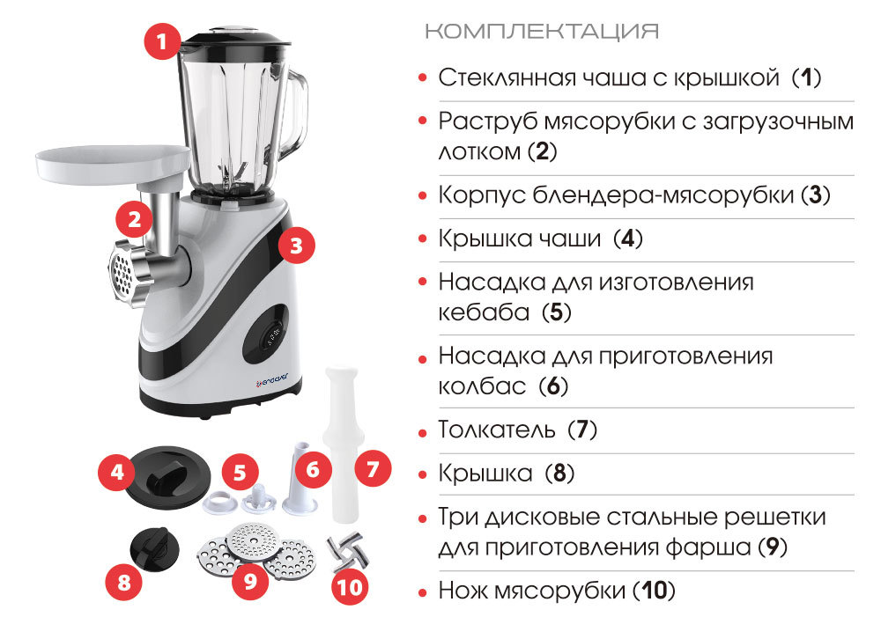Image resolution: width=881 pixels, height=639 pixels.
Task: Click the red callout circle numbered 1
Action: [x=162, y=41]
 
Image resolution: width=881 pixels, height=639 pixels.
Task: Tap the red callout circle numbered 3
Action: [x=296, y=246]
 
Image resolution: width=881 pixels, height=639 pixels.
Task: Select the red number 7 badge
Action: [x=373, y=467]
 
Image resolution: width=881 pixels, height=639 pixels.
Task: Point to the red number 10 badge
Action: [x=350, y=587]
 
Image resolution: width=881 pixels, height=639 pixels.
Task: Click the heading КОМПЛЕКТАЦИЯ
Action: [x=542, y=31]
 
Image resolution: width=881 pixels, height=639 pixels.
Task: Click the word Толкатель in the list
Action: [x=496, y=430]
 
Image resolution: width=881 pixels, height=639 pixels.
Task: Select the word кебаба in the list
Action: [x=484, y=312]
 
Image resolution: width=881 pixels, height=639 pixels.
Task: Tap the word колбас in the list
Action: [x=482, y=386]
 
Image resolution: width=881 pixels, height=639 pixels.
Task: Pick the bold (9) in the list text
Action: [x=773, y=547]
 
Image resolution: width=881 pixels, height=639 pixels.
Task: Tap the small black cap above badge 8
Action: [x=154, y=549]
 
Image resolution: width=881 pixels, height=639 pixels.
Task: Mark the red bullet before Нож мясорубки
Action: [x=423, y=592]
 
